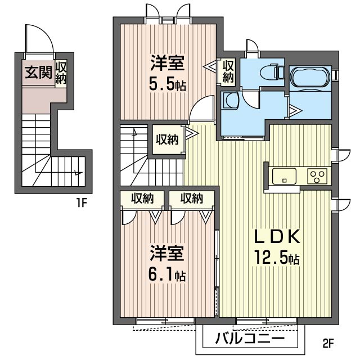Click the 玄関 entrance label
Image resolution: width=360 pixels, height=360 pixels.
coord(38,73)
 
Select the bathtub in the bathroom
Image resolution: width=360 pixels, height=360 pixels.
coord(310,77)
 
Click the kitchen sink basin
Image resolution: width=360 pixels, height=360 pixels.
coord(284,176)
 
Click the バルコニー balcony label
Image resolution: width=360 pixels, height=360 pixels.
coord(250,338)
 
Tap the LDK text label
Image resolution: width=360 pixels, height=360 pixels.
coord(277,236)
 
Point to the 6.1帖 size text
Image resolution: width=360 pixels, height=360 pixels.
coord(167,275)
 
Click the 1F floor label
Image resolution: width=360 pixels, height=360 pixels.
coord(81,202)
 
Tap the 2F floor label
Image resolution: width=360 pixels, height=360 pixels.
coord(328,344)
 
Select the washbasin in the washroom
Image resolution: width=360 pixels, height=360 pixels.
coord(231,100)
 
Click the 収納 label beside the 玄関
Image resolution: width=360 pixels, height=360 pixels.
coord(61,73)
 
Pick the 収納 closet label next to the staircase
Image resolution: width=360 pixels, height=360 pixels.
coord(167,139)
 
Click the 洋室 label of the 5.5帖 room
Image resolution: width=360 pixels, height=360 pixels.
coord(168,62)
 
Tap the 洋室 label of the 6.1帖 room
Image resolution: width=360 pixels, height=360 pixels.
coord(167,253)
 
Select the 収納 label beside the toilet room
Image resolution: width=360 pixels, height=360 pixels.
coord(228,71)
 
